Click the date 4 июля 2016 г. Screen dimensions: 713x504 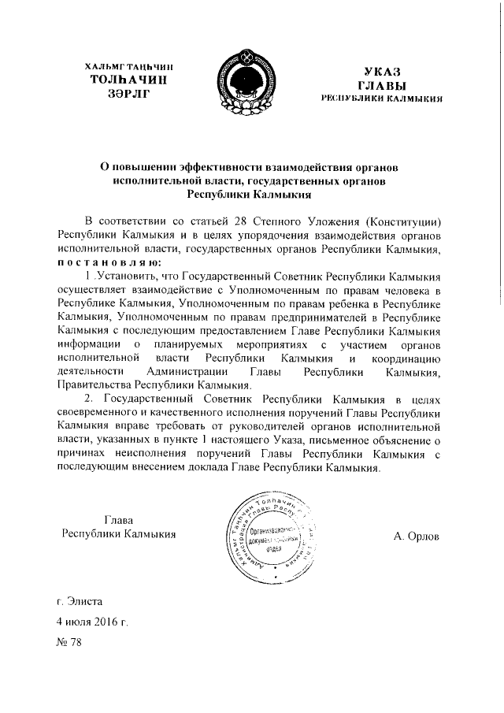(x=92, y=621)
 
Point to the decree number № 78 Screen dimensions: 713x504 (x=69, y=641)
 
